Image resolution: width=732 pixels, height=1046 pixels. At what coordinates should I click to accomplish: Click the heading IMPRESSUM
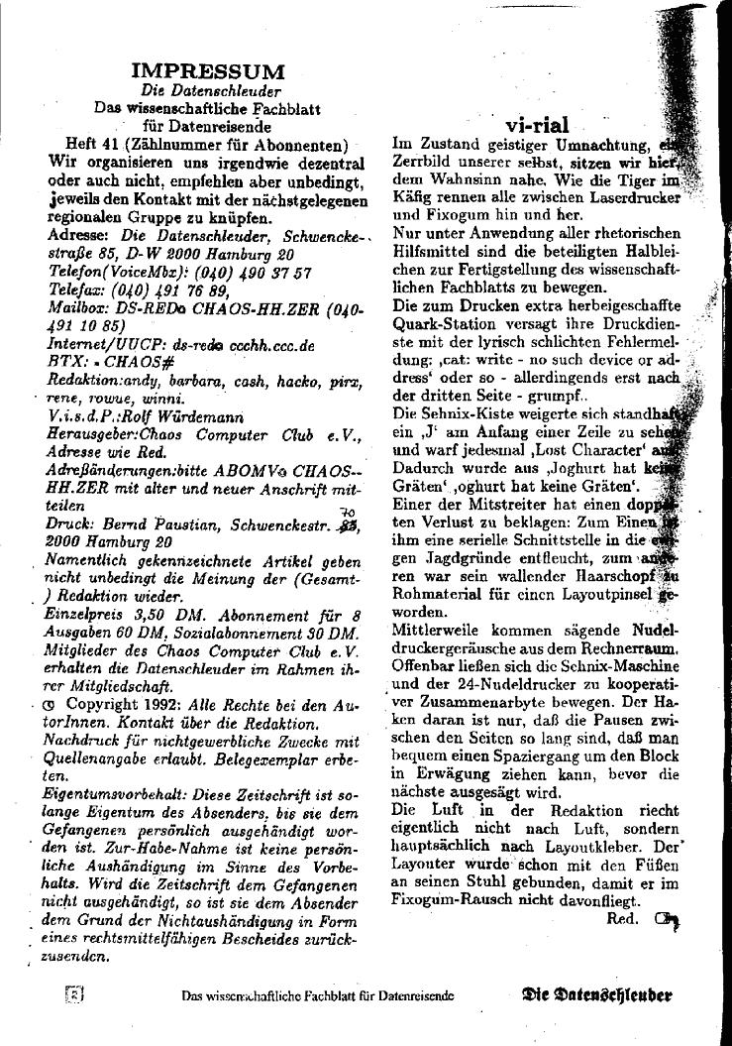[207, 71]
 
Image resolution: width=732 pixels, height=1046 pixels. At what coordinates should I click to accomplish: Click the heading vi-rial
[537, 125]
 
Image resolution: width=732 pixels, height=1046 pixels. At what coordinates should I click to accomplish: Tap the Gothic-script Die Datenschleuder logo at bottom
[597, 995]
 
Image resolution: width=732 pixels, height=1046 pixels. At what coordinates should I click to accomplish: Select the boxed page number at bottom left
[72, 994]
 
